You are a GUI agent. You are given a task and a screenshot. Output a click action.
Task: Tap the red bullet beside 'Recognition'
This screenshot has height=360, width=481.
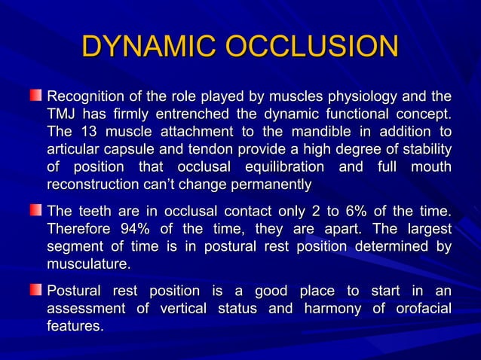(x=36, y=97)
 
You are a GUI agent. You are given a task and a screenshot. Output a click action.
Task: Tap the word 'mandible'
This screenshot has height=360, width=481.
(x=315, y=132)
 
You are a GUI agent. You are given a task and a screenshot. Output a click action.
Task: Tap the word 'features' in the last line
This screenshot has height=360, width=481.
(x=75, y=326)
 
